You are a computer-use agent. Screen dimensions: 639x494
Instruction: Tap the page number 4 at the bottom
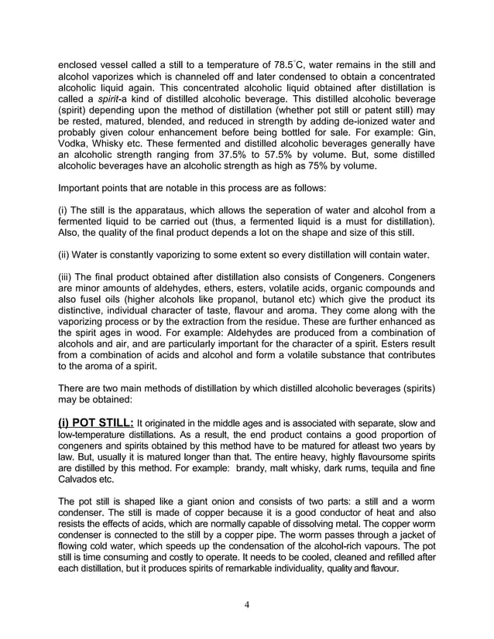[x=246, y=605]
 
